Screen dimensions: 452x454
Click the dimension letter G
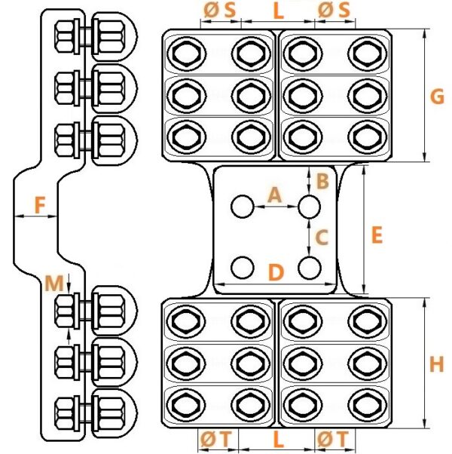[437, 97]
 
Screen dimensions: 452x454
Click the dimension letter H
[436, 364]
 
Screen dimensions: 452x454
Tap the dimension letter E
[377, 235]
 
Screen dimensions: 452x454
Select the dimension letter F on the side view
[40, 204]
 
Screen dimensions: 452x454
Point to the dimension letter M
[54, 283]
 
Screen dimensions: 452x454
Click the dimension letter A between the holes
[274, 195]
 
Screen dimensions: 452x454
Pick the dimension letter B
[322, 181]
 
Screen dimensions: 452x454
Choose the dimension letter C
[322, 237]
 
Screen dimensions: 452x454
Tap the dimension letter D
[276, 272]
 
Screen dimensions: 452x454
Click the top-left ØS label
[219, 10]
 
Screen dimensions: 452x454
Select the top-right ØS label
[334, 10]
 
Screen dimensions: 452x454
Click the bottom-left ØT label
[216, 439]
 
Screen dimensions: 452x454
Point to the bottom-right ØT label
[333, 439]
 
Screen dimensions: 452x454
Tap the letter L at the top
[278, 11]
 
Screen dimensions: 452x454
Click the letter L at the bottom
[278, 440]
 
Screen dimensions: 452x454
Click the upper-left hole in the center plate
[243, 207]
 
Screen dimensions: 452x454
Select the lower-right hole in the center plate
[310, 268]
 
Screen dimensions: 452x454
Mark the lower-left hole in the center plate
[243, 268]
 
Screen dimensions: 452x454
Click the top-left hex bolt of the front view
[187, 54]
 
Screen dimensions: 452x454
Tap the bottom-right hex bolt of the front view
[368, 404]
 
